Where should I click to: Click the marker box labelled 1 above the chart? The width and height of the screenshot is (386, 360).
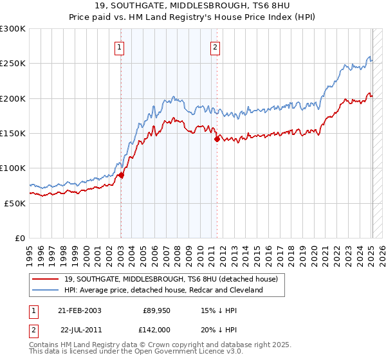coord(120,47)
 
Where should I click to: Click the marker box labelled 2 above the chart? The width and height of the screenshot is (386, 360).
coord(215,47)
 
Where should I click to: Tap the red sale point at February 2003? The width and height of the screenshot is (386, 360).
coord(121,175)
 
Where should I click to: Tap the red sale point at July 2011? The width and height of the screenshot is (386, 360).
coord(217,139)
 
